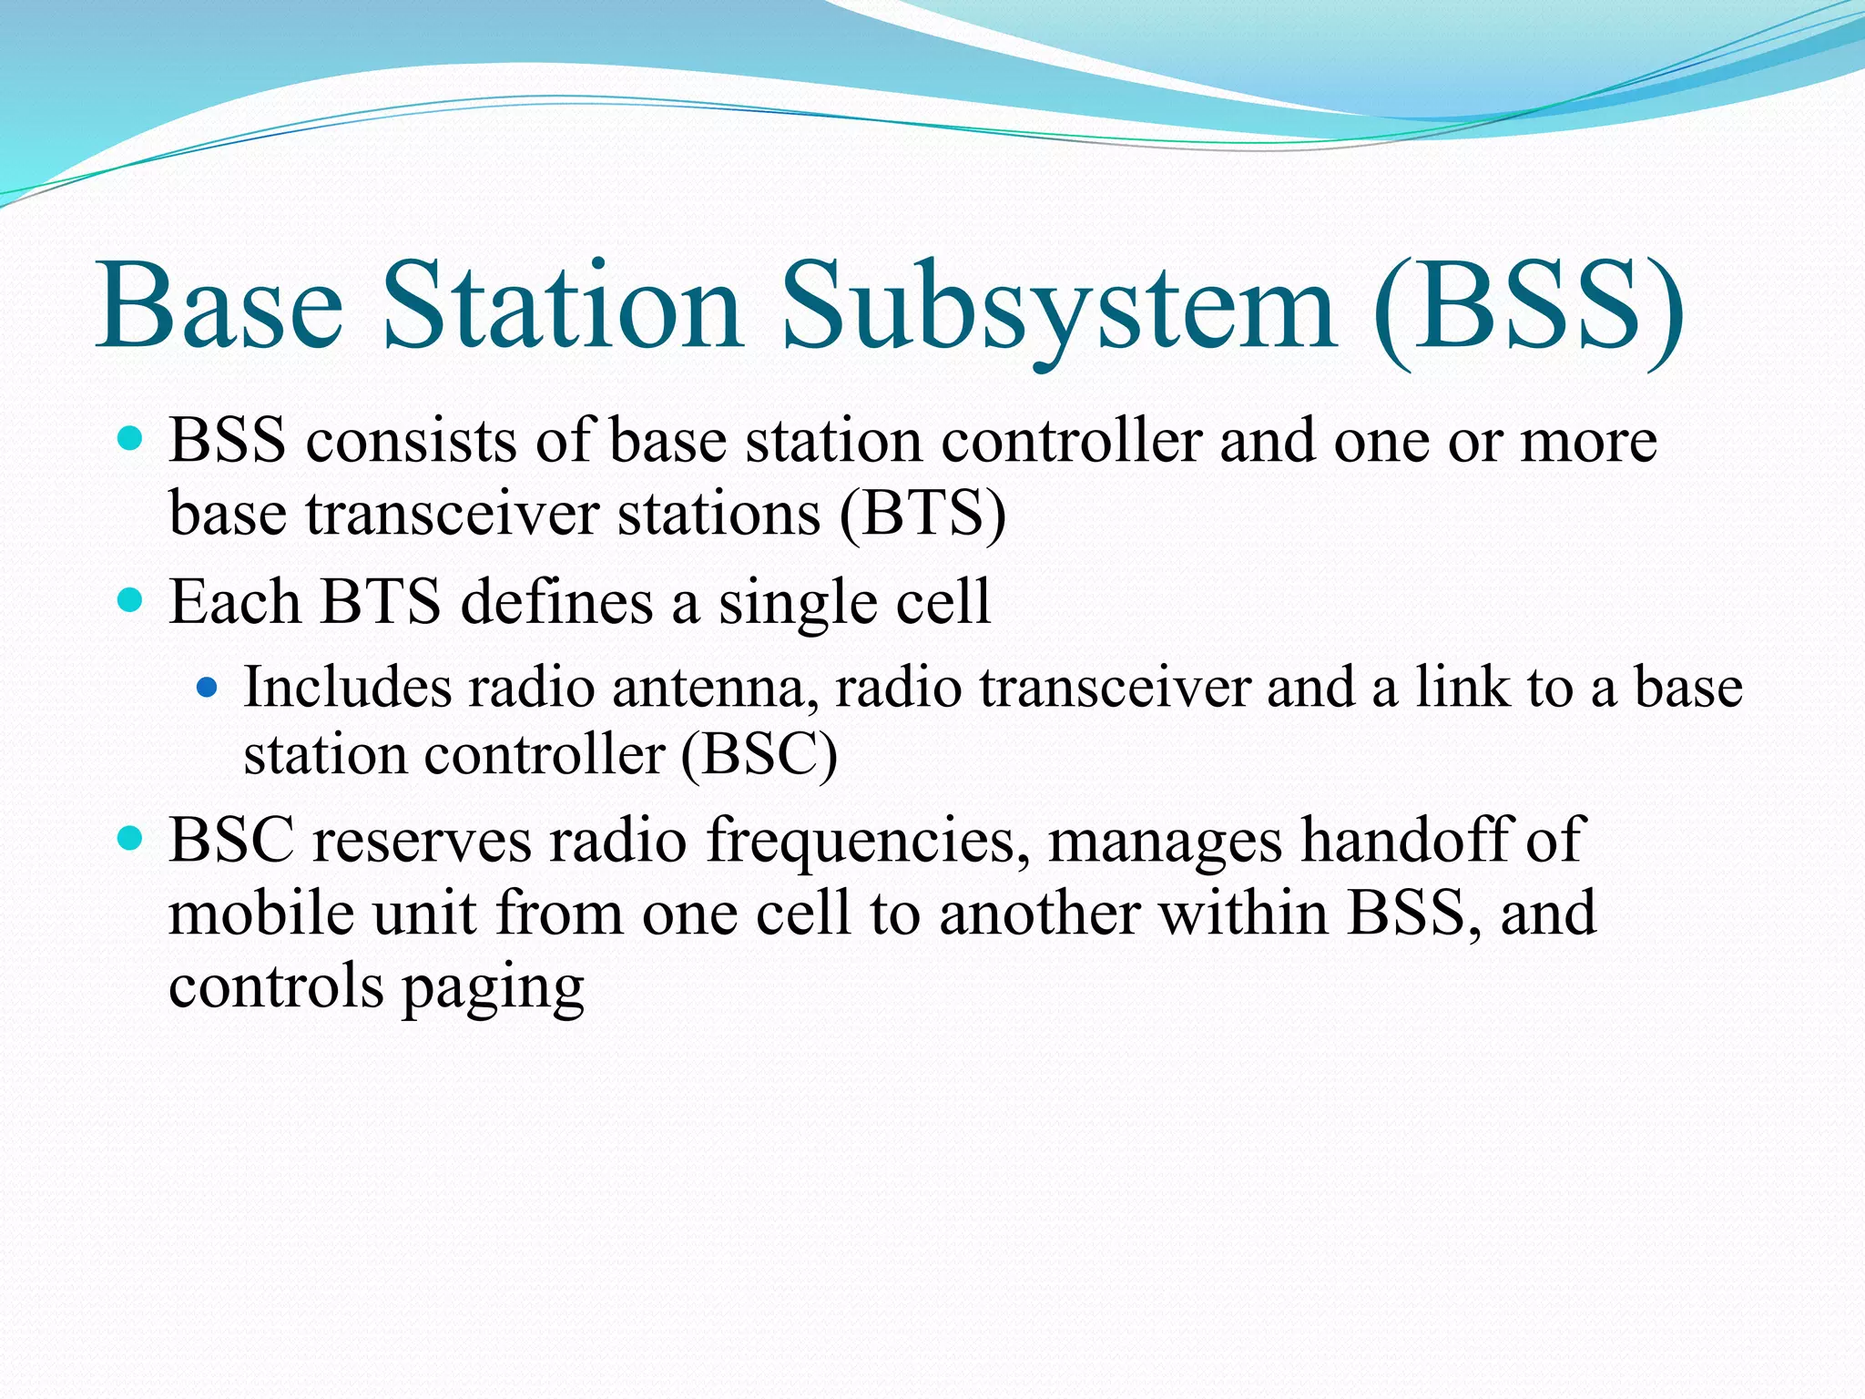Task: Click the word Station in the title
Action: click(562, 307)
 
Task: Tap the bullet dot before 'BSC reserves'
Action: click(131, 839)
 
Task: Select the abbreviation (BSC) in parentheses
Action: click(759, 755)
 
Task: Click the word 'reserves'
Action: click(422, 841)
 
